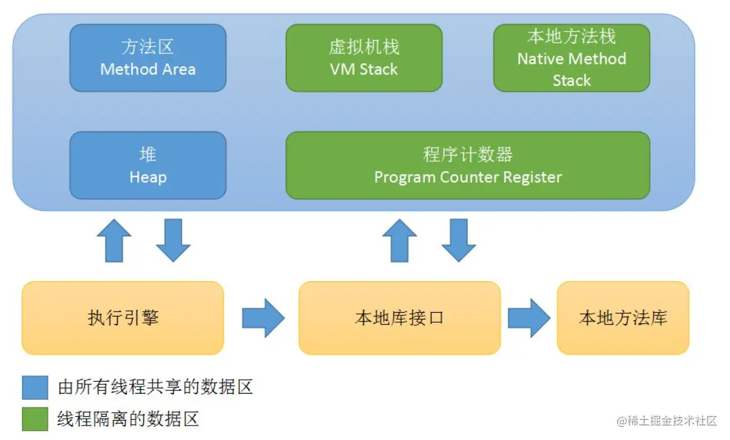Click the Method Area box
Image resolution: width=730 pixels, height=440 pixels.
coord(147,58)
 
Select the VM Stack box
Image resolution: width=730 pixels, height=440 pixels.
coord(363,58)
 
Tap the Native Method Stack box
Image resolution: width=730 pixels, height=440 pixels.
coord(571,58)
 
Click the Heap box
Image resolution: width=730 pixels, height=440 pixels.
coord(147,165)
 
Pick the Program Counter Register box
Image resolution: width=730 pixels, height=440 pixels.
coord(467,165)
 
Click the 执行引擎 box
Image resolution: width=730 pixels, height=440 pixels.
coord(123,318)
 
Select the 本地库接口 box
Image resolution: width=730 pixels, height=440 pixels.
coord(399,318)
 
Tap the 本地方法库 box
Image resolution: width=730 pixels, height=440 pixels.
coord(623,318)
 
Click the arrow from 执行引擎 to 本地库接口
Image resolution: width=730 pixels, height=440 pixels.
coord(263,318)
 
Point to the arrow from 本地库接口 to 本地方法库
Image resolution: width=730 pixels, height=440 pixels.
coord(528,318)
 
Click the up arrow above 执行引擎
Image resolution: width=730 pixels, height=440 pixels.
coord(114,241)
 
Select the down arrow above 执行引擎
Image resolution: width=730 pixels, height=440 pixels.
coord(173,241)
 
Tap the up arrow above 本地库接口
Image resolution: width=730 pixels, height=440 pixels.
coord(399,241)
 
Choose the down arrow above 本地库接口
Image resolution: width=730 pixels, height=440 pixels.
coord(458,241)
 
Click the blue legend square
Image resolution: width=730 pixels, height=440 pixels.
coord(35,387)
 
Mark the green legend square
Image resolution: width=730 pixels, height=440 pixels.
coord(35,419)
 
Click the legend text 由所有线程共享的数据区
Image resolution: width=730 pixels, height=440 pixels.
coord(155,387)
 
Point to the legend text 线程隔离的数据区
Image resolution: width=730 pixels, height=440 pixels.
coord(128,419)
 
